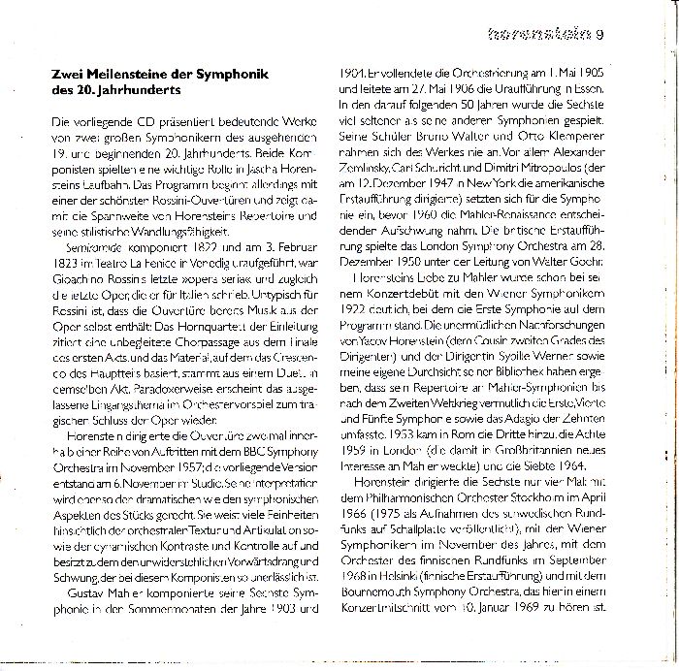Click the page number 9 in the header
point(600,37)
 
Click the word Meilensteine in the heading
point(123,75)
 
